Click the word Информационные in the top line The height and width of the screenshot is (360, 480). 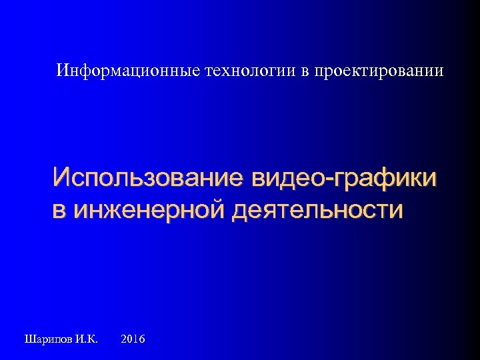click(x=127, y=70)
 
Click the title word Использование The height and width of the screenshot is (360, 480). click(x=148, y=179)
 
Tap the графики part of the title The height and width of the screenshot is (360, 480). click(x=386, y=179)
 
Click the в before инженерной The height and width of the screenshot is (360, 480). click(x=60, y=211)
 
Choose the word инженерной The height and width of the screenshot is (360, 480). click(x=149, y=211)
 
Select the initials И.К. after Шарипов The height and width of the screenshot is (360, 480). click(x=86, y=339)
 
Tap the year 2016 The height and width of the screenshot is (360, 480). click(x=134, y=339)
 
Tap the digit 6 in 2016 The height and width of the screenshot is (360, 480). click(x=143, y=339)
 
